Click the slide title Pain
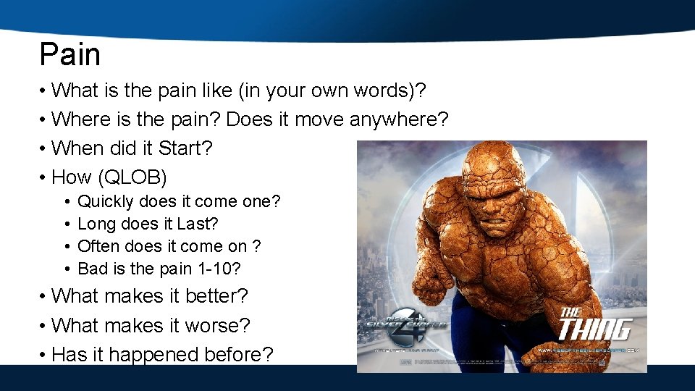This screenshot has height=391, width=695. click(70, 55)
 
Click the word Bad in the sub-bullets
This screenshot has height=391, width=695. click(90, 269)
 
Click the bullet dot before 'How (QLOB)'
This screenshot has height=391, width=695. click(44, 177)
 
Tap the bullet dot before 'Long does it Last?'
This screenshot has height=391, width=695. click(66, 224)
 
